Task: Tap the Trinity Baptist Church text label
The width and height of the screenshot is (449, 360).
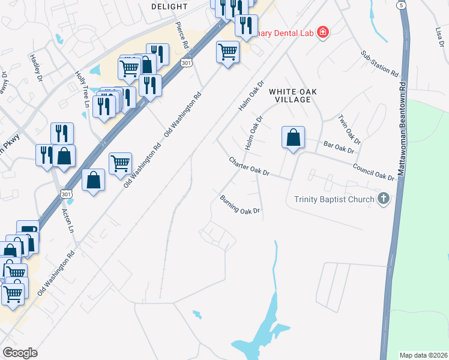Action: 334,199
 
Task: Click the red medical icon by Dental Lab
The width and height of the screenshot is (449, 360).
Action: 323,32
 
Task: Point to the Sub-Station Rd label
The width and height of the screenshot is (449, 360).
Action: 380,63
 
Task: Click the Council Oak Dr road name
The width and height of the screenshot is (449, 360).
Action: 373,172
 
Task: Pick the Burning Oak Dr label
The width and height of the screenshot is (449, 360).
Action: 240,205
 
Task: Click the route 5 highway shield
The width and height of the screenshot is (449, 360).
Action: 400,5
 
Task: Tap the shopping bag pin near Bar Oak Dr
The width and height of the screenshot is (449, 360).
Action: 292,139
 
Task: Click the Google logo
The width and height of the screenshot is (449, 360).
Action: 20,353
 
